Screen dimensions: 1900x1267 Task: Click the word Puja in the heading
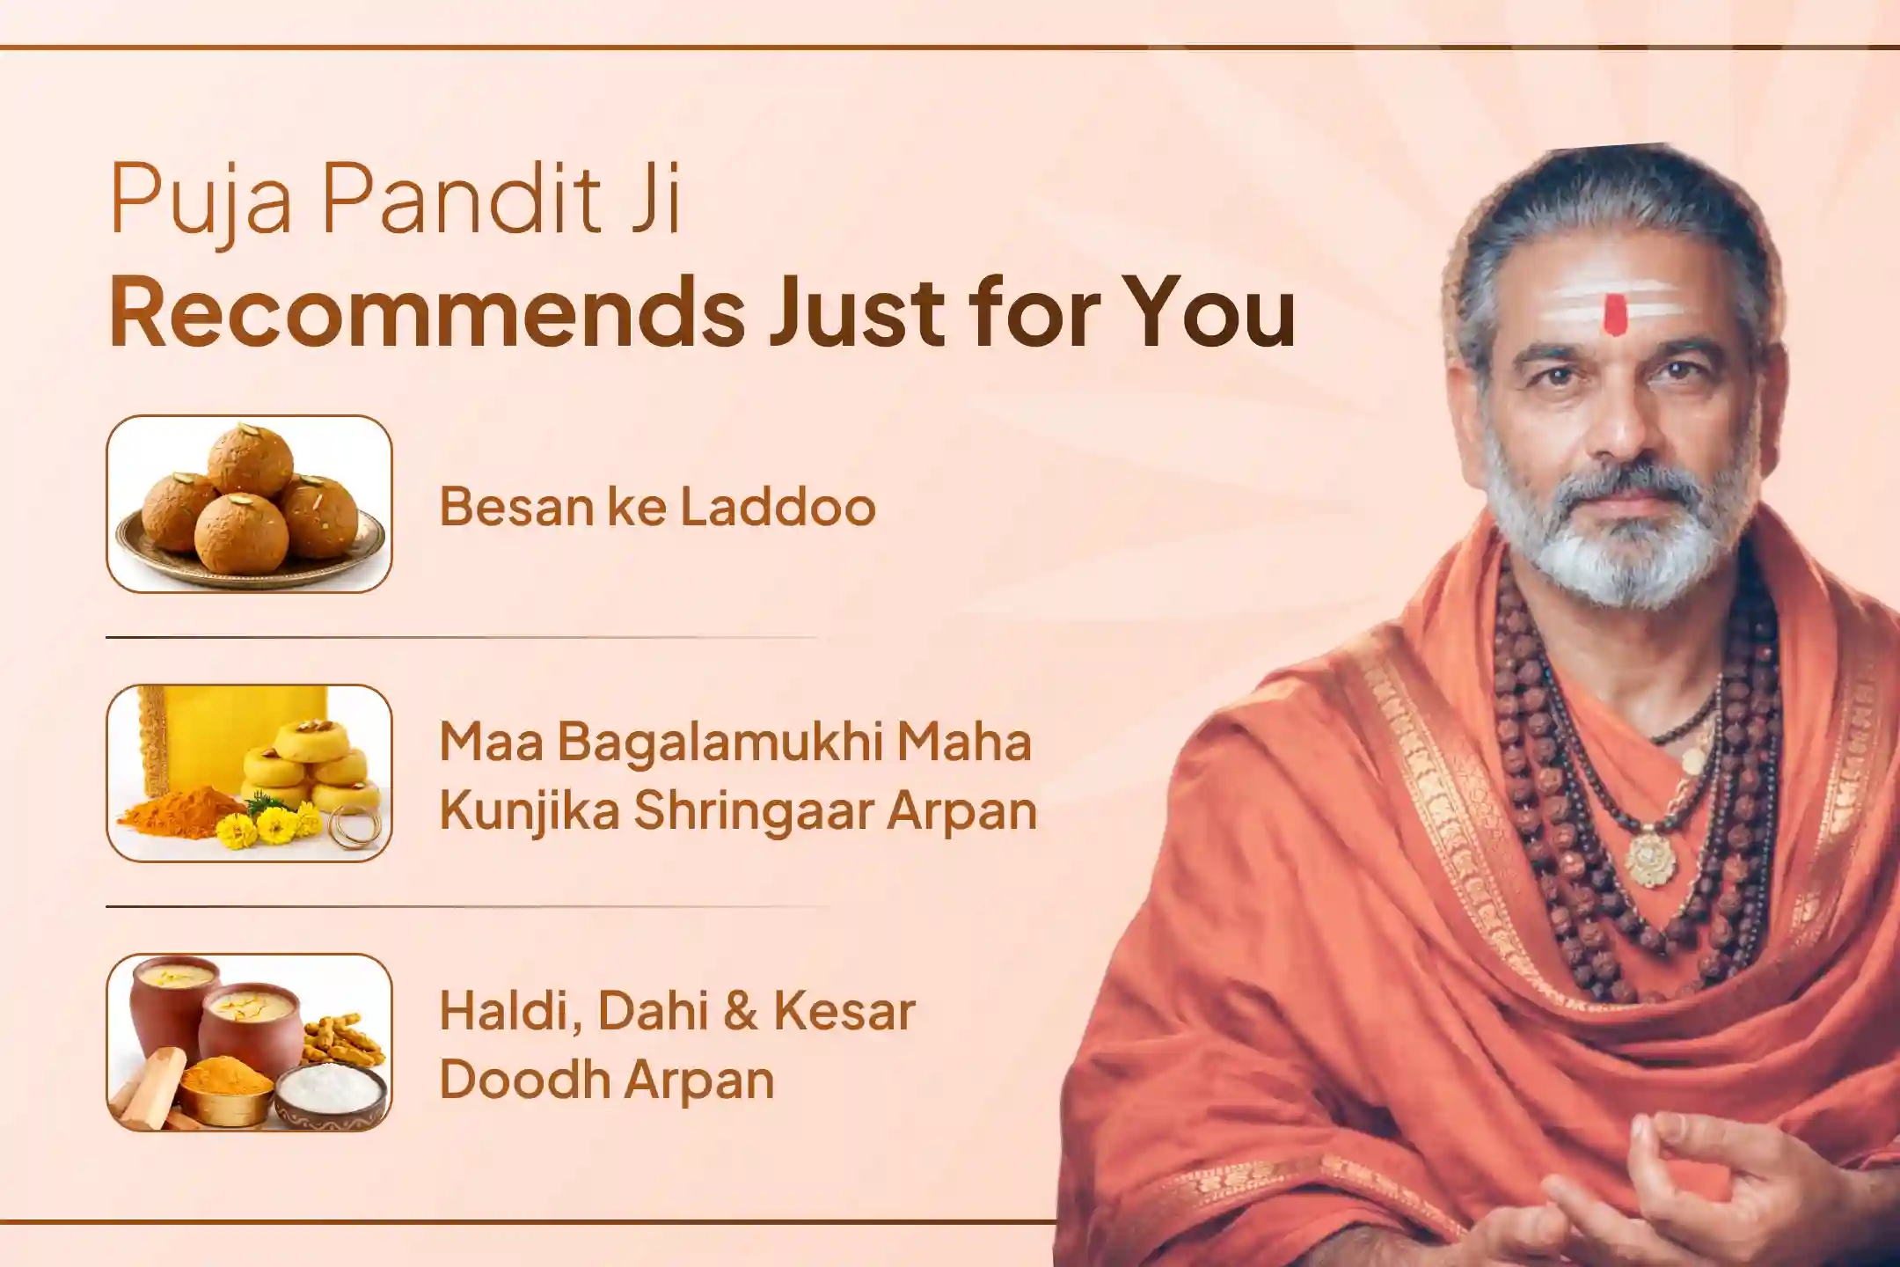pos(201,204)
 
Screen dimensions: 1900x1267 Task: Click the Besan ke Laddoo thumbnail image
pos(249,504)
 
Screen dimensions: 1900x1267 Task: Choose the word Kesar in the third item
pos(844,1011)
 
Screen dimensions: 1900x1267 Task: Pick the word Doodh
pos(526,1079)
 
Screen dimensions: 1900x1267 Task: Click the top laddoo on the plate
pos(250,460)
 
